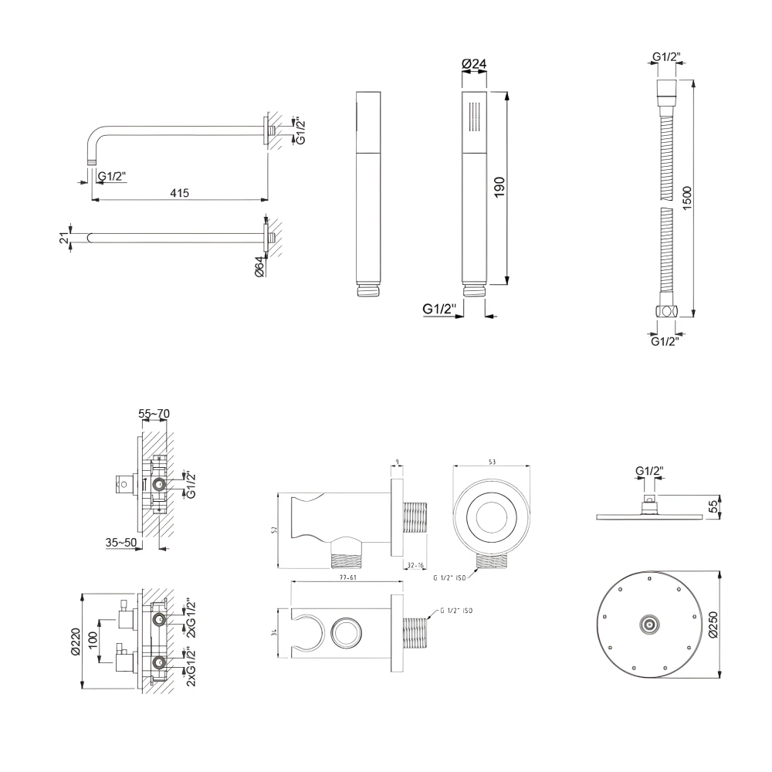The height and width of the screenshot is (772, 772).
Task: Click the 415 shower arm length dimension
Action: point(181,191)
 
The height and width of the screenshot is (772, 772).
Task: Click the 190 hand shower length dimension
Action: point(499,188)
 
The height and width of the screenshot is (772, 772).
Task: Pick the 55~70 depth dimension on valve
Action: point(154,415)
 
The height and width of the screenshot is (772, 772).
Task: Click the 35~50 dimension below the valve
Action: point(121,542)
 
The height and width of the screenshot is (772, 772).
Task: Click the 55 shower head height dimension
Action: point(713,506)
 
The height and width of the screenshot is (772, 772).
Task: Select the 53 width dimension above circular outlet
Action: point(490,460)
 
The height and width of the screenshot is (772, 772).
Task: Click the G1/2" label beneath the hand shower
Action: point(440,309)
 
